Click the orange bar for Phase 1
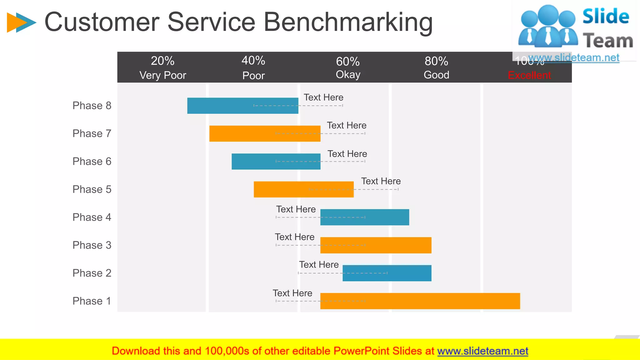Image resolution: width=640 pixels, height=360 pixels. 420,301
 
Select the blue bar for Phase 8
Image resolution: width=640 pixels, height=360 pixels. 242,106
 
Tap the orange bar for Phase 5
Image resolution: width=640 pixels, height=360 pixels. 303,189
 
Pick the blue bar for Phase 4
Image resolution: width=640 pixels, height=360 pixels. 364,217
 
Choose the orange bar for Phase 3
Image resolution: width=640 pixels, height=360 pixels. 376,245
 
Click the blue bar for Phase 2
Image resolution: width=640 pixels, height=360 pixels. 387,273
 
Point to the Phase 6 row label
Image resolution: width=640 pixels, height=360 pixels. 92,162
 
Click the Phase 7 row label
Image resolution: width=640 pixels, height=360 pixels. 92,133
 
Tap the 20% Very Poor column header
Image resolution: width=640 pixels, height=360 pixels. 162,67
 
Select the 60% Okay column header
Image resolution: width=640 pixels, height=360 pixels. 348,67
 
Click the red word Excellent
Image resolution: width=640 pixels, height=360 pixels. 529,75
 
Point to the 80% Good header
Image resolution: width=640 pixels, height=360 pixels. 436,67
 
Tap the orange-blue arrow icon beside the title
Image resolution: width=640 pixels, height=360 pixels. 21,22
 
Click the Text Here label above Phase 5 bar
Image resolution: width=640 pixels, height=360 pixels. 381,181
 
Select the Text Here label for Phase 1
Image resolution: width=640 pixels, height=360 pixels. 292,293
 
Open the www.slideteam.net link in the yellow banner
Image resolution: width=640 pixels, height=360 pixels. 482,351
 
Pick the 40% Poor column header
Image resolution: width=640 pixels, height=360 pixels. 253,67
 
